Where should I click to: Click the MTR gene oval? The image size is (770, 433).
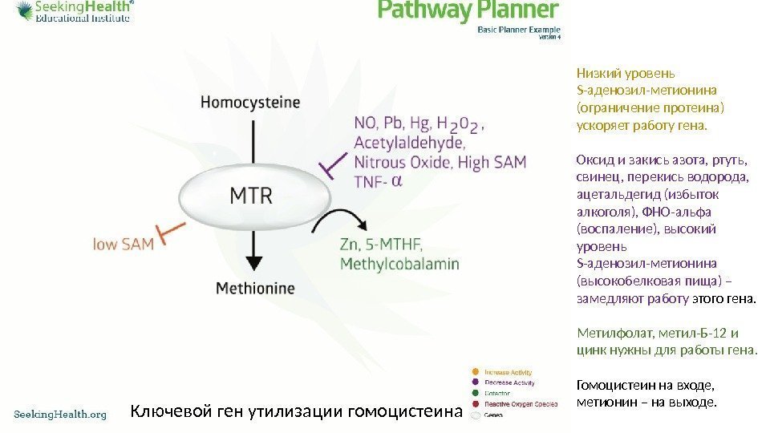click(252, 195)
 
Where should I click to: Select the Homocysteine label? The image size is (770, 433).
click(250, 103)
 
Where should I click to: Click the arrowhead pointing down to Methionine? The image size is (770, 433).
click(253, 262)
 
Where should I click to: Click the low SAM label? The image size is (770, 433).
click(124, 244)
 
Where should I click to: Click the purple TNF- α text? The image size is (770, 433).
click(377, 182)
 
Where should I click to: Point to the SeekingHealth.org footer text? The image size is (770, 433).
click(61, 414)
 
